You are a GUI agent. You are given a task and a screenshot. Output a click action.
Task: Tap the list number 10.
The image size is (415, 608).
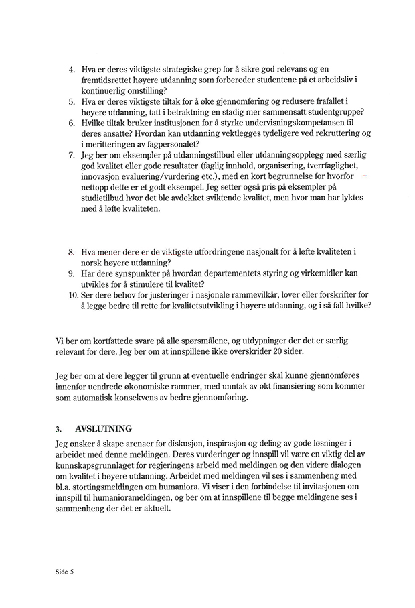tap(73, 294)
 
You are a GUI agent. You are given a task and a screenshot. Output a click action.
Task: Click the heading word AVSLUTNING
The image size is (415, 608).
tap(104, 429)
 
